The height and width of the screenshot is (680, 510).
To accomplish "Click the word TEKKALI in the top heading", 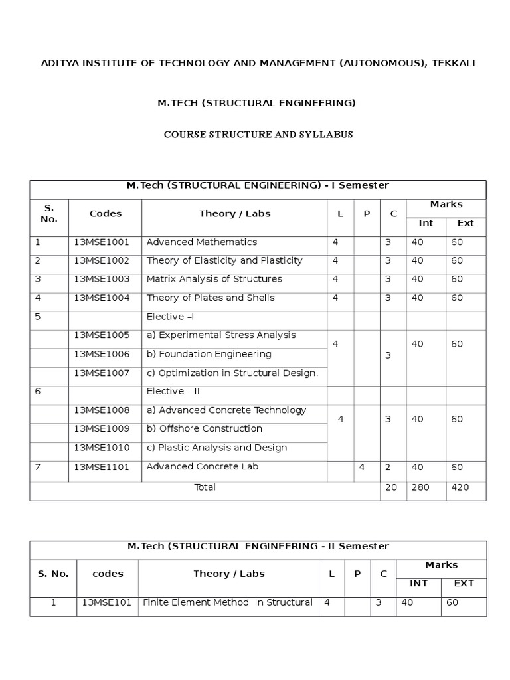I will pos(451,63).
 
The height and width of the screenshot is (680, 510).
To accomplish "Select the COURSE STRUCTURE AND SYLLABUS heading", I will pos(258,135).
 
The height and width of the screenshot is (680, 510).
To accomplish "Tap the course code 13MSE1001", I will pos(102,242).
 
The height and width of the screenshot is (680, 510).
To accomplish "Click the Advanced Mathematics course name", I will pos(201,242).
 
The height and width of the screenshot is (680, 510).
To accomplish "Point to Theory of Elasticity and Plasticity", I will pos(224,261).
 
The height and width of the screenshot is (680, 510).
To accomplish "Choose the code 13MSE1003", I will pos(102,280).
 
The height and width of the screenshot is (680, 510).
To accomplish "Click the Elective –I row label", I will pos(169,317).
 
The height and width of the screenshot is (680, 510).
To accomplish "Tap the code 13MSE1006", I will pos(102,354).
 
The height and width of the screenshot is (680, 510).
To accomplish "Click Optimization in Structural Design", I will pos(232,373).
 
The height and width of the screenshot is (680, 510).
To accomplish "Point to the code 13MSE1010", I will pos(102,448).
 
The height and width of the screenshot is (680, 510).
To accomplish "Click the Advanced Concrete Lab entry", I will pos(202,467).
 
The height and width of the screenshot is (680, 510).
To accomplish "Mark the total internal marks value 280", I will pos(420,487).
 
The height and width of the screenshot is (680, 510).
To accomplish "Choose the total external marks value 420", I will pos(460,487).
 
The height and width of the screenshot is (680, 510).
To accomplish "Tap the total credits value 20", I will pos(391,487).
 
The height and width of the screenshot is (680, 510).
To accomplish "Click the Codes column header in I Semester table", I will pos(106,214).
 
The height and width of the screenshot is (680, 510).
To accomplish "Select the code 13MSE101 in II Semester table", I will pos(108,603).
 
